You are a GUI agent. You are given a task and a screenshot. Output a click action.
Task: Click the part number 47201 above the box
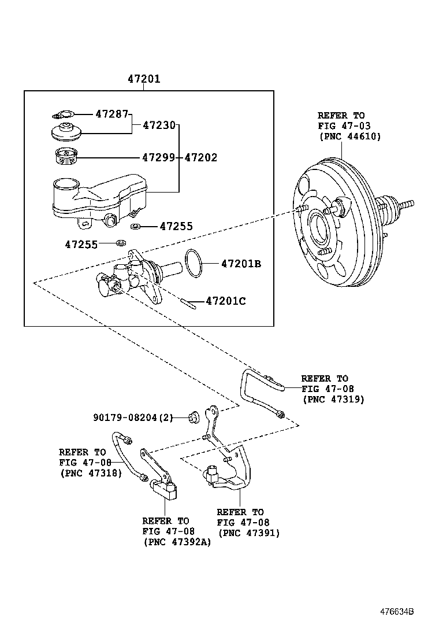click(144, 79)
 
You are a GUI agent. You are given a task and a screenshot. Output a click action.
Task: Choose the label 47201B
click(241, 264)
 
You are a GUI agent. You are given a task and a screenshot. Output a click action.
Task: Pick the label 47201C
click(226, 301)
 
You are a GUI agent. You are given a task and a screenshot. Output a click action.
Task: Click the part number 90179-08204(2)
click(133, 417)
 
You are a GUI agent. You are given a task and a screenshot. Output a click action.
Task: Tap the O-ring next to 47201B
click(194, 263)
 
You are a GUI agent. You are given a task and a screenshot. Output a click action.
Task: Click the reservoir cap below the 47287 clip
click(66, 132)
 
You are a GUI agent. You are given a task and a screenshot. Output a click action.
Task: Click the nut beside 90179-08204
click(194, 416)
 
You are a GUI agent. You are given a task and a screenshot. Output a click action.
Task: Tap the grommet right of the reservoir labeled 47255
click(136, 226)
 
